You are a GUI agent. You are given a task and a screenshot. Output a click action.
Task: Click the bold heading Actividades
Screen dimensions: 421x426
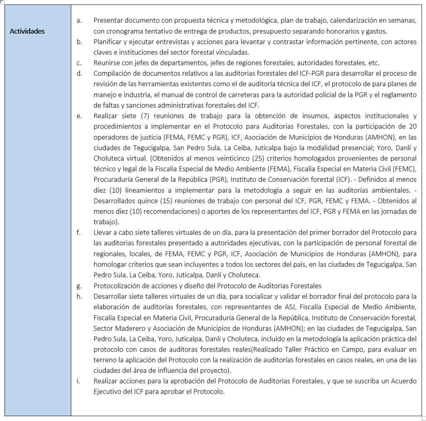click(27, 31)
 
